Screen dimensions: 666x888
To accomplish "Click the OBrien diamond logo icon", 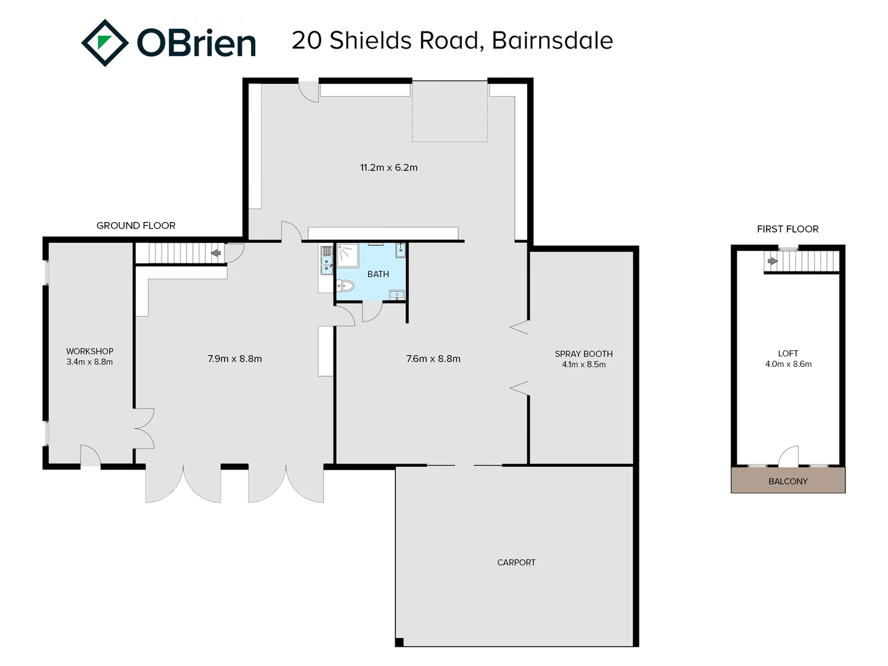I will point(105,43).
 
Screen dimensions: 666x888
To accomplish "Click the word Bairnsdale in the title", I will point(552,41).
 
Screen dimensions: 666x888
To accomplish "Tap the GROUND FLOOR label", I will point(136,226).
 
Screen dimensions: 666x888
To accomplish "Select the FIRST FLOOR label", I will point(787,229).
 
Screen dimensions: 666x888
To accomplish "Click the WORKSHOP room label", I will point(89,351).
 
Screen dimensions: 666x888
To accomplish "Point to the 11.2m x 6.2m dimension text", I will point(388,168).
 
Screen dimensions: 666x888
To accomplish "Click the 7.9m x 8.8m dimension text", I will point(234,359).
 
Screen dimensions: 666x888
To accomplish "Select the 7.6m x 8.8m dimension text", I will point(433,359).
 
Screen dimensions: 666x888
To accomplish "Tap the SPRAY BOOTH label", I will point(583,354).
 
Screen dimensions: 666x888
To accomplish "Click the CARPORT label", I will point(516,562).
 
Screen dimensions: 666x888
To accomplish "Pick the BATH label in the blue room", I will point(378,274).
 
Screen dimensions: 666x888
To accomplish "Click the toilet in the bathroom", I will point(345,286).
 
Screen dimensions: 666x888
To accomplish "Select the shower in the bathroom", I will point(347,255).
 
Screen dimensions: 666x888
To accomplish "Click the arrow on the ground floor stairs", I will point(216,253).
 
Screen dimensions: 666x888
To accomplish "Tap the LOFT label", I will point(788,353).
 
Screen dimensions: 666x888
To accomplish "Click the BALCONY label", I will point(787,481).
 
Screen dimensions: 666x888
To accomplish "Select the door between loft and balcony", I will point(788,457).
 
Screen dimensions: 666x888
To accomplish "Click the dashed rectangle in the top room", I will point(450,111).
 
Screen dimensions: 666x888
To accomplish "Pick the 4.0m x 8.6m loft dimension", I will point(788,364).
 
